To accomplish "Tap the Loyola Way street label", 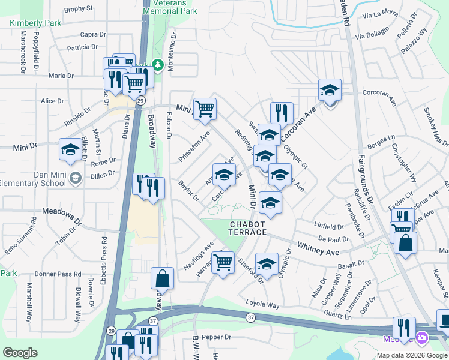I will point(262,304).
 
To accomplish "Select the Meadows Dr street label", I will point(62,213).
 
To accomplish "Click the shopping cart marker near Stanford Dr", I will point(223,262).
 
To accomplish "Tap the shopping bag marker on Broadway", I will point(162,278).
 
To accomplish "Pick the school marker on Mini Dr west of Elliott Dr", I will point(70,149).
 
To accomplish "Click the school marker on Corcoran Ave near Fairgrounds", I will point(330,91).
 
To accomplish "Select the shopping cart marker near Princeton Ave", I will point(205,109).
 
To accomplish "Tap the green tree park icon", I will point(158,64).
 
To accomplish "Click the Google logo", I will point(20,353).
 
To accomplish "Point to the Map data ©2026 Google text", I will point(412,355).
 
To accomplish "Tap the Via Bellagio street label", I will point(368,37).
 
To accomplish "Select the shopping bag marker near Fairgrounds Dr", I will point(406,244).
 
